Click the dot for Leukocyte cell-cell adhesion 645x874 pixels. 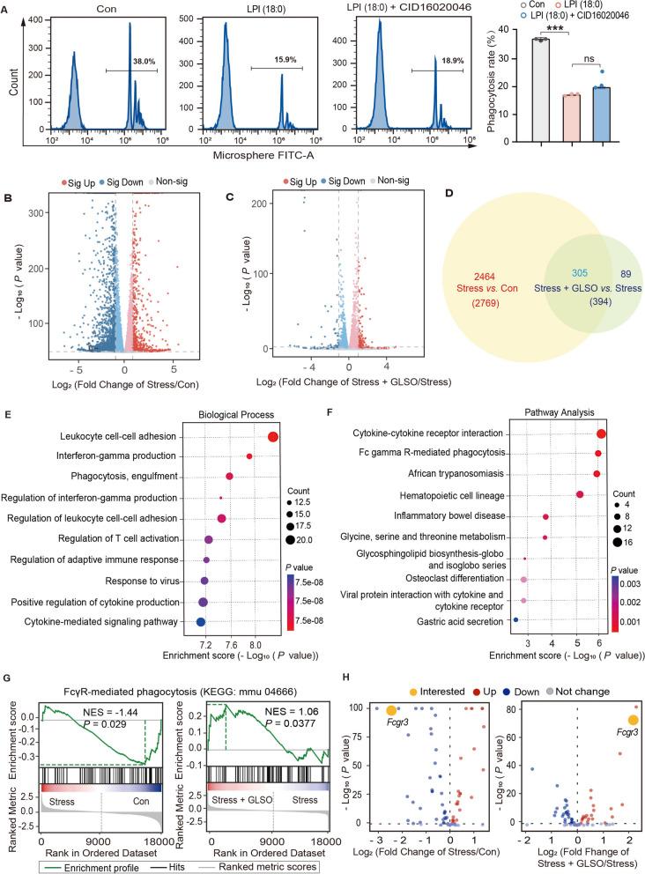pos(273,437)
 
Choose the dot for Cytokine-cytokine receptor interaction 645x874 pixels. pos(601,433)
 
